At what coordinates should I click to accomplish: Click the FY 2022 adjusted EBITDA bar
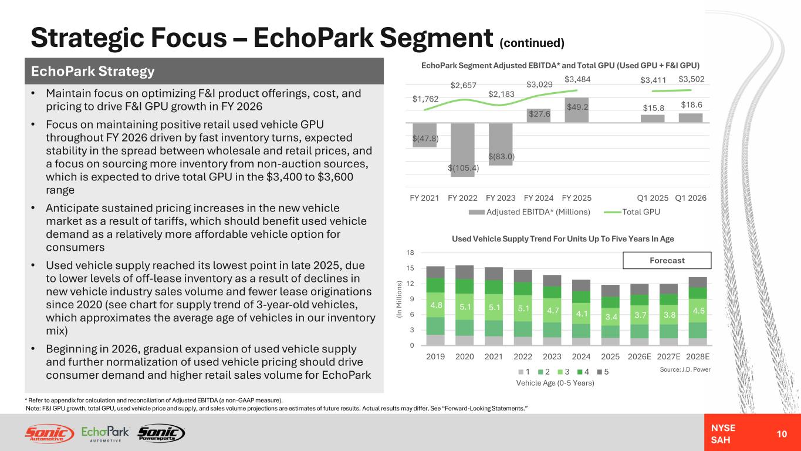[462, 150]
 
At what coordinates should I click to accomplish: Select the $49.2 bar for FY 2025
[576, 110]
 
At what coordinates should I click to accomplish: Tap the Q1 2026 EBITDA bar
[691, 118]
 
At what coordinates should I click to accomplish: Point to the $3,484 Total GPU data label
[577, 79]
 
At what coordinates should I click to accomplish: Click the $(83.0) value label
[501, 156]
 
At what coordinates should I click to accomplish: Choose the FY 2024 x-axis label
[539, 198]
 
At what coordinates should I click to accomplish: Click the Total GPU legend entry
[632, 212]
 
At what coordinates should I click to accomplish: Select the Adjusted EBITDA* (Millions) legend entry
[529, 212]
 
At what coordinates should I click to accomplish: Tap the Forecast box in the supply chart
[667, 260]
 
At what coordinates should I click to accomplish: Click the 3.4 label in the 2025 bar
[611, 317]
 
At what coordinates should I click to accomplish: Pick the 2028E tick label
[698, 356]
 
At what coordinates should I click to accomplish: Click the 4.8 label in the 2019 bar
[436, 305]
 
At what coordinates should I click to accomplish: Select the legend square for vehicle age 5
[600, 372]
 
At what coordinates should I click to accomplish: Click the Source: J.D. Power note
[685, 369]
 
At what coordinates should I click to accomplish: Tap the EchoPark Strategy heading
[93, 71]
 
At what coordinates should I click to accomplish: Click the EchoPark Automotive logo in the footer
[105, 433]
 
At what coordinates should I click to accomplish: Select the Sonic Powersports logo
[161, 433]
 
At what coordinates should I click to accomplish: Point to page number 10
[782, 434]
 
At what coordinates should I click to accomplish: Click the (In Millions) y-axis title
[400, 299]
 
